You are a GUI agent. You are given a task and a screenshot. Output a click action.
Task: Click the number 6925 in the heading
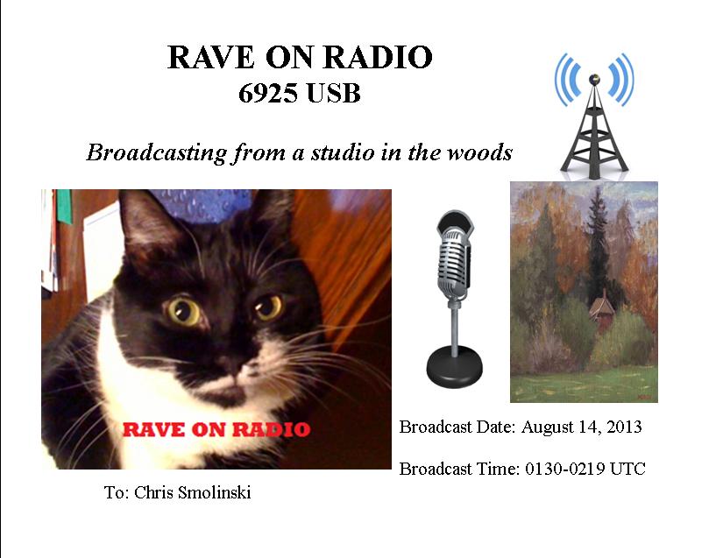coord(267,94)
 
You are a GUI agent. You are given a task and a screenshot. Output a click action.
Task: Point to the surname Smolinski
coord(216,492)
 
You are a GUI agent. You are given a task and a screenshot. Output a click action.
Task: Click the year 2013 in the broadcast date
coord(624,427)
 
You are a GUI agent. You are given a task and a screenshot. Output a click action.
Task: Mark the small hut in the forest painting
coord(601,308)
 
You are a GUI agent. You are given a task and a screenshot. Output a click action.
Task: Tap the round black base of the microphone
coord(454,367)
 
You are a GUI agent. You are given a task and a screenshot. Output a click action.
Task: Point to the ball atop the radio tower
coord(594,79)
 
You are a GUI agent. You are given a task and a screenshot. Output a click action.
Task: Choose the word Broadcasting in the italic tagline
coord(157,152)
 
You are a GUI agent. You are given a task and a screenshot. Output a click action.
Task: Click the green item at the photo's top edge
coord(64,207)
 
